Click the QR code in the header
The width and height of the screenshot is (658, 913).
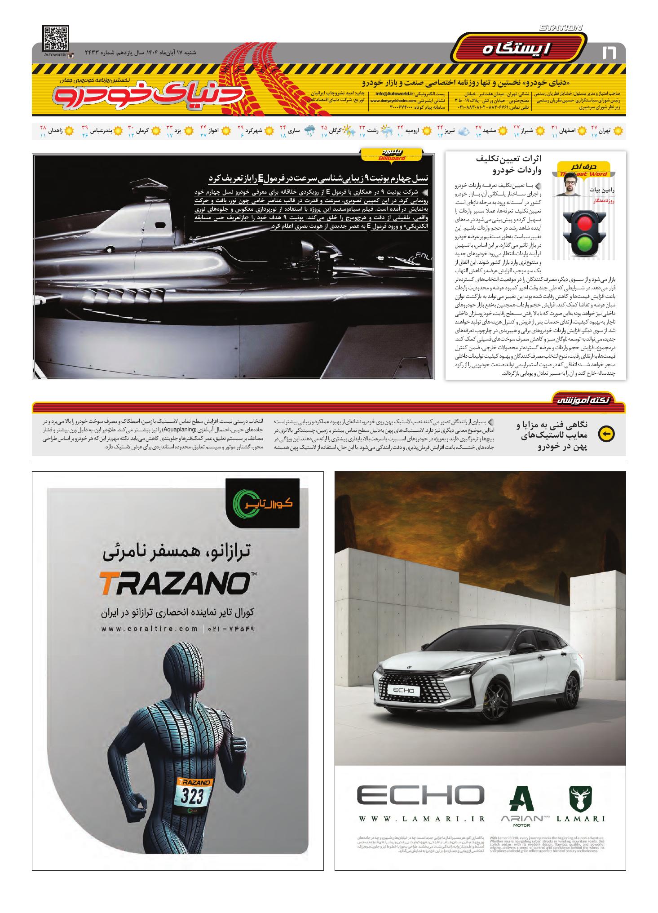(56, 39)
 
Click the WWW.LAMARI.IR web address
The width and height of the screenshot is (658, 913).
(421, 819)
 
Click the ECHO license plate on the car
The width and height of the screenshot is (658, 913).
(406, 691)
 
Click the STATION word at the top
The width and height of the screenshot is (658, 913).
(561, 28)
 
